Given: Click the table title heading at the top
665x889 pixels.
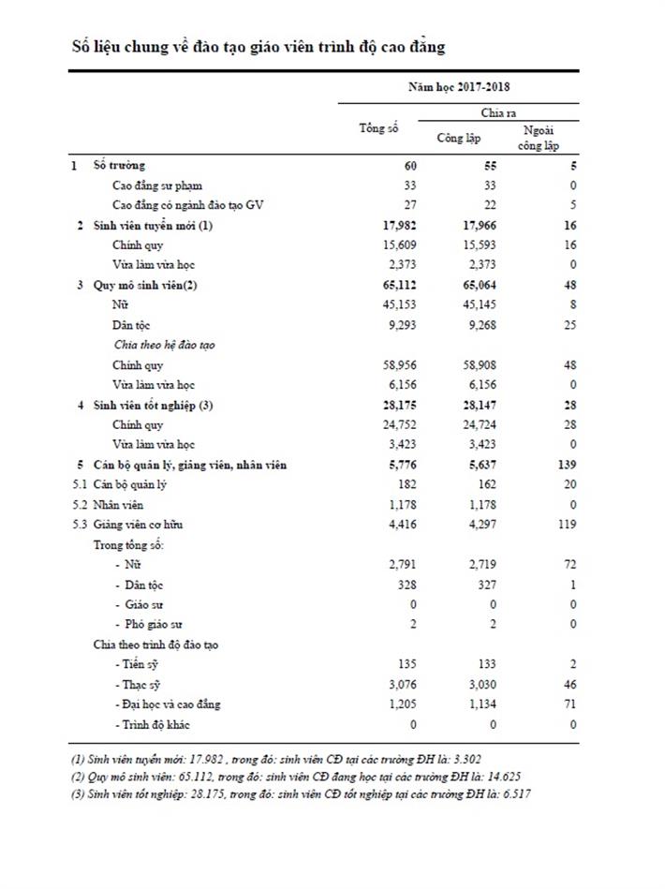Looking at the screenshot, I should point(258,46).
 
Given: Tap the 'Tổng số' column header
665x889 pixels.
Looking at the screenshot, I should point(378,128).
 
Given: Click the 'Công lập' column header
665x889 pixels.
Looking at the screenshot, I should point(459,139).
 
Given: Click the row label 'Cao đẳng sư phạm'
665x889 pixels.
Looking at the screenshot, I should point(156,185).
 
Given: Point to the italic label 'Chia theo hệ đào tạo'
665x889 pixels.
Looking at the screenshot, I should point(164,345).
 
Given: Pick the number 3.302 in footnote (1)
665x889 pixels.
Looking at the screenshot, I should point(465,759).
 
